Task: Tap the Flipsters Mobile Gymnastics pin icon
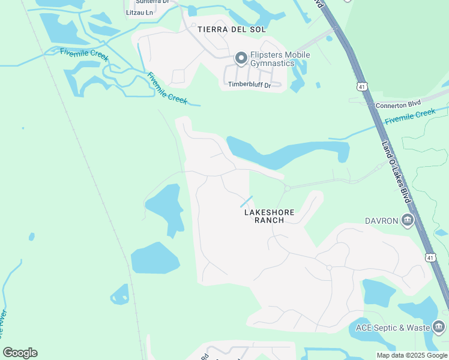[241, 58]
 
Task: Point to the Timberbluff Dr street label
[249, 85]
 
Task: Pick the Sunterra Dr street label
[151, 2]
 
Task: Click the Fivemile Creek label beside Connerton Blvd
[410, 116]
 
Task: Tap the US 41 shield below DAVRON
[430, 257]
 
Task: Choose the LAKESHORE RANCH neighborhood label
[264, 216]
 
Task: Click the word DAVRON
[382, 221]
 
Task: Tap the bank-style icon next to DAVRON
[408, 221]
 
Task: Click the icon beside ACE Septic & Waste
[438, 327]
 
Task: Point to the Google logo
[20, 353]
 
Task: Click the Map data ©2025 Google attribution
[412, 355]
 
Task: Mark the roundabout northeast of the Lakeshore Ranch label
[288, 188]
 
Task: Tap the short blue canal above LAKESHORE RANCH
[246, 202]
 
